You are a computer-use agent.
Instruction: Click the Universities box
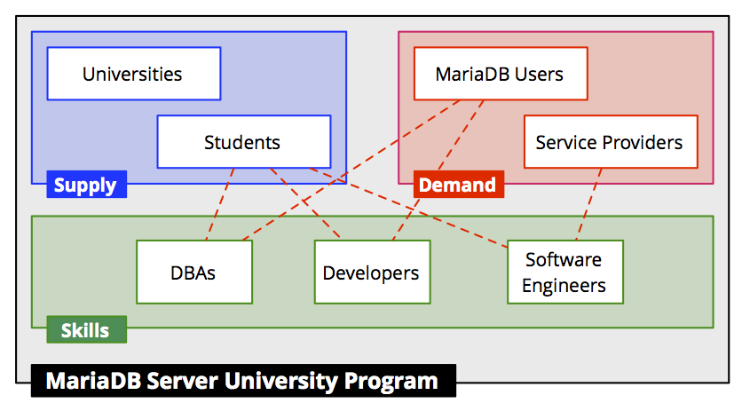[x=134, y=74]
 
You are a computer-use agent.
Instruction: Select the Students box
[x=244, y=141]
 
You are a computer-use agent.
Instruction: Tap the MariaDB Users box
[x=501, y=74]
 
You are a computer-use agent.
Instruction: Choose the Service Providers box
[x=611, y=141]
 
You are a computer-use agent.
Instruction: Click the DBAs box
[x=194, y=272]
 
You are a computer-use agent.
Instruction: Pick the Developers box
[x=373, y=272]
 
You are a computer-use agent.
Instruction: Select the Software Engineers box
[x=565, y=272]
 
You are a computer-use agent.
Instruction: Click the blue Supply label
[x=87, y=184]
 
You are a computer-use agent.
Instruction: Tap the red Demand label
[x=459, y=184]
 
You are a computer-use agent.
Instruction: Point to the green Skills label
[x=87, y=329]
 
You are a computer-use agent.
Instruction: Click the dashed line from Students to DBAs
[x=220, y=204]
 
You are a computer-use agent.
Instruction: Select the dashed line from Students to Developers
[x=305, y=204]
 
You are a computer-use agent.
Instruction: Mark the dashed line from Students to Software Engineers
[x=408, y=208]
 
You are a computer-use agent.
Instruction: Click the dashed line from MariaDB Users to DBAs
[x=351, y=170]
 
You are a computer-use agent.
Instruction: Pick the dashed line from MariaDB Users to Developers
[x=438, y=170]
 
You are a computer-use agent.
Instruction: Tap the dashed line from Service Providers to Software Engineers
[x=588, y=204]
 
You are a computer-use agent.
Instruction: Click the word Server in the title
[x=182, y=381]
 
